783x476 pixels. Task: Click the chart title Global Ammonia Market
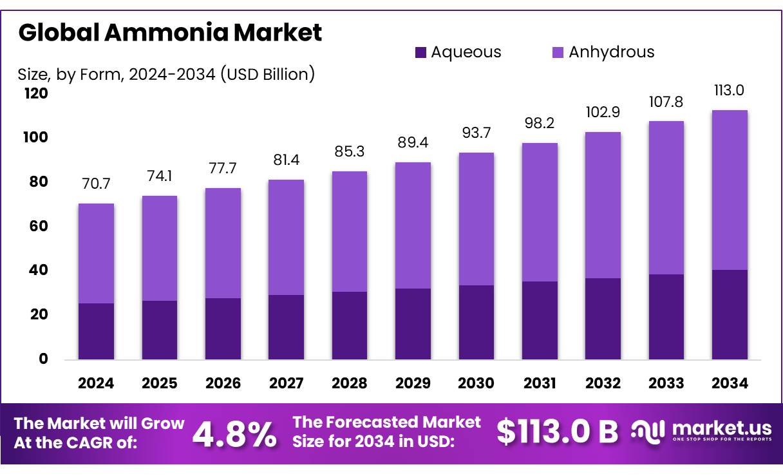pos(170,32)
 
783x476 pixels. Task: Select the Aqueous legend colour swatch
pos(421,53)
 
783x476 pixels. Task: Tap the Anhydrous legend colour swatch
pos(558,53)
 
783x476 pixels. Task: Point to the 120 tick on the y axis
pos(37,94)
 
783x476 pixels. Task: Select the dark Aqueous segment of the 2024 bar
pos(96,331)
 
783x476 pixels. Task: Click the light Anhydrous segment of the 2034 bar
pos(730,190)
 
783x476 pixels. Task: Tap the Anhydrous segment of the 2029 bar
pos(413,225)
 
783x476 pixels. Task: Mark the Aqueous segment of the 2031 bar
pos(540,320)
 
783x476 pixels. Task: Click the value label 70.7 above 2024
pos(96,184)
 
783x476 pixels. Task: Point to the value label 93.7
pos(476,133)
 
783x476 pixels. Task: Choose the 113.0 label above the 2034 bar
pos(730,90)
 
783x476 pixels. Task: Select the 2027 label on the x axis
pos(286,383)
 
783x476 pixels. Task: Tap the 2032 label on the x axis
pos(603,383)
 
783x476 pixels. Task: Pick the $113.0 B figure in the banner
pos(557,432)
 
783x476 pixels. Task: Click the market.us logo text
pos(721,428)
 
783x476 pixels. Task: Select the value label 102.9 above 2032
pos(603,112)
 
